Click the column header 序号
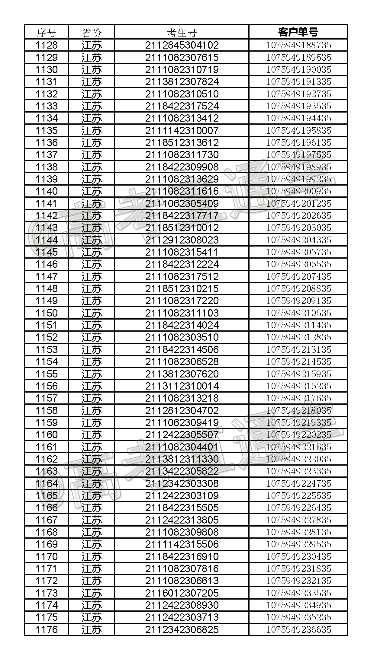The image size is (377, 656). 46,32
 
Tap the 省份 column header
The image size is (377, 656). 92,32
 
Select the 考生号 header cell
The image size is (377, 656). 182,32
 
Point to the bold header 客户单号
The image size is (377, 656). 298,32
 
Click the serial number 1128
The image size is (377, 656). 46,45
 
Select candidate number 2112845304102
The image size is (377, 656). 182,45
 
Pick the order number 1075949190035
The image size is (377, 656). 298,70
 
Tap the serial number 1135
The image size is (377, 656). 46,130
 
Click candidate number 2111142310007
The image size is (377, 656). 182,130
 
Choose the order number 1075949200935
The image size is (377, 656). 298,191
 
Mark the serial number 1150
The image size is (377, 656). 46,313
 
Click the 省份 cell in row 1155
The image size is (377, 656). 92,374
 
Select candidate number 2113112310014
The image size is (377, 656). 182,386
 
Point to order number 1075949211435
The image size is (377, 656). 298,325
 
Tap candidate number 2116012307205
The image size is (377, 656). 182,593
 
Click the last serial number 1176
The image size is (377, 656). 46,629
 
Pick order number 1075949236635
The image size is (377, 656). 298,629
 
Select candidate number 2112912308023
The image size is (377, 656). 182,240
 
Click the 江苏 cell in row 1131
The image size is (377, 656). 92,82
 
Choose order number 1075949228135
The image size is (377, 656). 298,532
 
